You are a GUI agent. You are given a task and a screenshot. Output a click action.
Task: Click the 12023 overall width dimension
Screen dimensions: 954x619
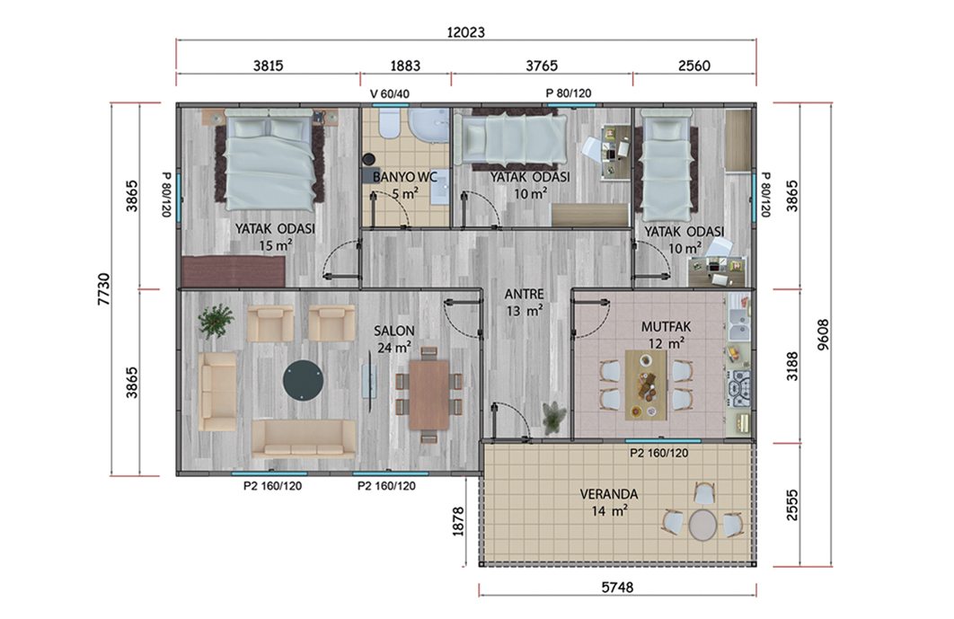(465, 32)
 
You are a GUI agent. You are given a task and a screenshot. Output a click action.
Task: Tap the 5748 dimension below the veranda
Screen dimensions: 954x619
(617, 588)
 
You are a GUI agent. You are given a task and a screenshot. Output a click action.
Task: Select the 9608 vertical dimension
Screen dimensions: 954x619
(823, 335)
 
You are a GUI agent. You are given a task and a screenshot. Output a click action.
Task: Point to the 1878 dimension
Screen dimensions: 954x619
(458, 522)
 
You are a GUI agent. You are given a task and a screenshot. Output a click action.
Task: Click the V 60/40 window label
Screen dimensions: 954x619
(389, 93)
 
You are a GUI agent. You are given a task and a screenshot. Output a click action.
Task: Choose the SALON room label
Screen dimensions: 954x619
(393, 332)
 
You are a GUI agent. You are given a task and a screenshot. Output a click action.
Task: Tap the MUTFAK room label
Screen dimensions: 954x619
(666, 327)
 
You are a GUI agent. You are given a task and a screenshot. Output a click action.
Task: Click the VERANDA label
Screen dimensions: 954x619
(608, 494)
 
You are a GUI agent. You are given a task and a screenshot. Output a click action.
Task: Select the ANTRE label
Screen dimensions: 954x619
(524, 294)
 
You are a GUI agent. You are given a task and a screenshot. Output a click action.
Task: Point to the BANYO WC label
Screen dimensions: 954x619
(404, 177)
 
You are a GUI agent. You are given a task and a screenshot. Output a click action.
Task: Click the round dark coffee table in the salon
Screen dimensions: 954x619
(303, 380)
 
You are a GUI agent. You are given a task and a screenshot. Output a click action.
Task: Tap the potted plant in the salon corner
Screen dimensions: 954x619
(216, 321)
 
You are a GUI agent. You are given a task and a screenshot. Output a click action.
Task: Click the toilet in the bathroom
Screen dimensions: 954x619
(389, 124)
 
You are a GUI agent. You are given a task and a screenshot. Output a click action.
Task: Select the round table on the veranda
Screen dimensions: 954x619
(702, 525)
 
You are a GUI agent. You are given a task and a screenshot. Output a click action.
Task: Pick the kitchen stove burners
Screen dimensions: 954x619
(741, 388)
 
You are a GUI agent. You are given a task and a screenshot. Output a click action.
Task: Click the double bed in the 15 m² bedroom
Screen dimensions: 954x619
(269, 160)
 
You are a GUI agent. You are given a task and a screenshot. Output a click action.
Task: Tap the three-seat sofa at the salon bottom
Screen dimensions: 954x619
(304, 438)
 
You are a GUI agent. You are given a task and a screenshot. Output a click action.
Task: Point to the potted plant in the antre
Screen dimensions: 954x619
(554, 417)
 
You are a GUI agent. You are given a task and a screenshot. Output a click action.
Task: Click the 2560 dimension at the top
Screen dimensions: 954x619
(693, 66)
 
